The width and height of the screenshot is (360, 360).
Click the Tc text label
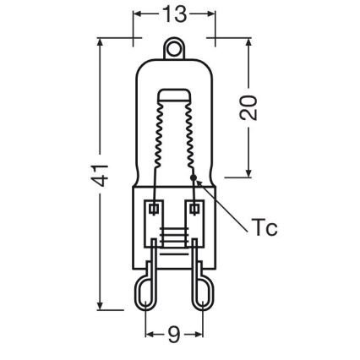pyautogui.click(x=265, y=229)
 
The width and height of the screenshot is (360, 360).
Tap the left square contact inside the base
pyautogui.click(x=154, y=207)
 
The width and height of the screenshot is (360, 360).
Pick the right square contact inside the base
pyautogui.click(x=195, y=207)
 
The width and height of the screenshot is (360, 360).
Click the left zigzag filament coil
pyautogui.click(x=157, y=135)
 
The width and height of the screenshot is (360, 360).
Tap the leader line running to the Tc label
pyautogui.click(x=221, y=202)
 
